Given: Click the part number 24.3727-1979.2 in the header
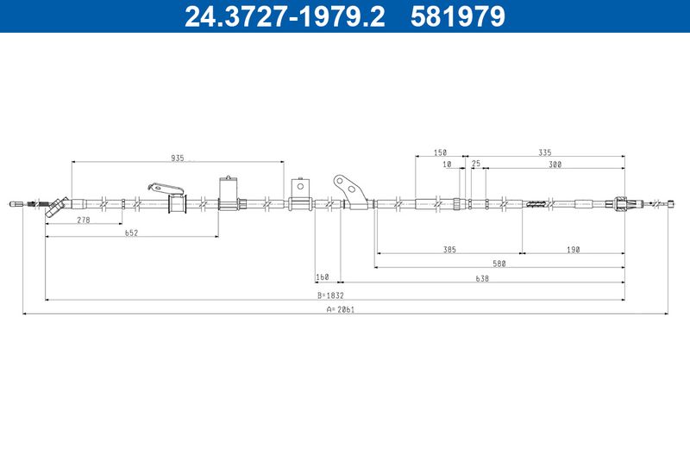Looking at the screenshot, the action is click(285, 16).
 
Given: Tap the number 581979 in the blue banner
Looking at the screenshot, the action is click(458, 16).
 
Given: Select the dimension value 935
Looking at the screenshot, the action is click(178, 158).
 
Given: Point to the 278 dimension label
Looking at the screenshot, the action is click(84, 220).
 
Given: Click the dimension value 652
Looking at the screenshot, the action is click(132, 233).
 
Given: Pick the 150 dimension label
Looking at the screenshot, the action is click(440, 152).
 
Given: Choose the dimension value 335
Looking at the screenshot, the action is click(545, 152).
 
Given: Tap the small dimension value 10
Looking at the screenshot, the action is click(447, 164).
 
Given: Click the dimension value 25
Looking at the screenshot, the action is click(476, 164).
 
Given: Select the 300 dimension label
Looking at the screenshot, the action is click(555, 164).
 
